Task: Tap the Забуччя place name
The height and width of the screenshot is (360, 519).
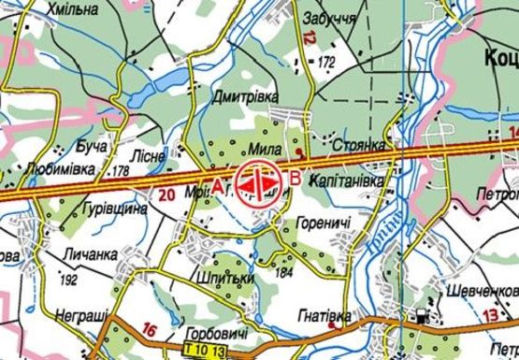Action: click(328, 19)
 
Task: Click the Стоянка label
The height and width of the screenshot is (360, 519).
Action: click(358, 147)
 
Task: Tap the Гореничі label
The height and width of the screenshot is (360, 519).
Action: click(323, 224)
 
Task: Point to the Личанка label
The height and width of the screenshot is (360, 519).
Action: click(91, 253)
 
